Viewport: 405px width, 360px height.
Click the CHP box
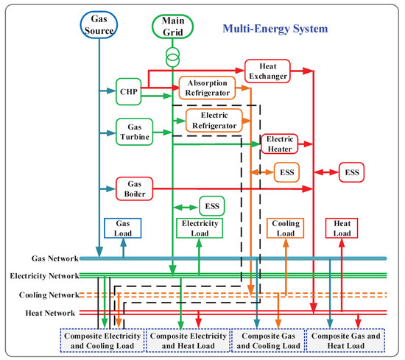[128, 91]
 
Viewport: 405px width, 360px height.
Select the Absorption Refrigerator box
[208, 88]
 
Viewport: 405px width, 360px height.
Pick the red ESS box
[351, 172]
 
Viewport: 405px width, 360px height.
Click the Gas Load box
[122, 228]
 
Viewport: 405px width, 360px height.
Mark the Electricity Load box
[199, 228]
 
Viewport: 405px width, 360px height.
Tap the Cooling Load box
[283, 228]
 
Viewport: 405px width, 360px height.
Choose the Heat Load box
[341, 228]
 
